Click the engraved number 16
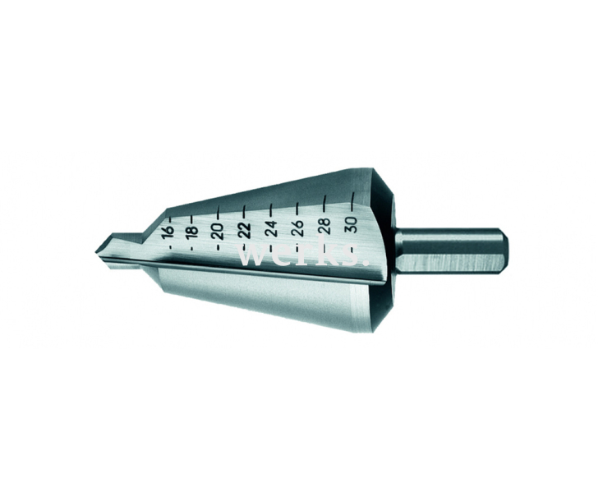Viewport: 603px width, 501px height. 168,232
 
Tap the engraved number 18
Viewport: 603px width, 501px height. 191,230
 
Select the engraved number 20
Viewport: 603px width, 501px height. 217,230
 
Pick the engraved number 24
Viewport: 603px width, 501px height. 271,228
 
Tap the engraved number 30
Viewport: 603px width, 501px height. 352,223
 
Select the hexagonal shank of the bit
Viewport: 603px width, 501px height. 452,250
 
